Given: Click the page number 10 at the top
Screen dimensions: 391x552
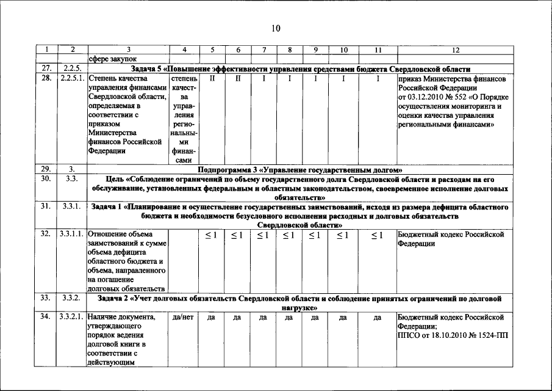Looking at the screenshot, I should pos(276,28).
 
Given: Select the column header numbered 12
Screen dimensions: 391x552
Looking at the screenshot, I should pos(456,49).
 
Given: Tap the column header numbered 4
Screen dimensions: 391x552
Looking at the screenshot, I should pos(184,49).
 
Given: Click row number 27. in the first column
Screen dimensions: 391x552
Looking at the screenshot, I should pos(46,68).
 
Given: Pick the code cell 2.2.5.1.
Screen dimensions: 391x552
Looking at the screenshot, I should pos(73,79).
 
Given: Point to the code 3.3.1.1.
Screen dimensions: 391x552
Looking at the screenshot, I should pos(73,235).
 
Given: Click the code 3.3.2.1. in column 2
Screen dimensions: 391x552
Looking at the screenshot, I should pos(73,317).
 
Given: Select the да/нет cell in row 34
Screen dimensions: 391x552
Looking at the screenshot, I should pos(184,317).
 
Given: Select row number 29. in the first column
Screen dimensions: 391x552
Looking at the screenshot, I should pos(46,169).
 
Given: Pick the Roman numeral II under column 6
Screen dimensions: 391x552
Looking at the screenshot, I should pos(237,79).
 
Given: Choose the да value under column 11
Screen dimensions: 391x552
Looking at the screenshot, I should pos(377,317).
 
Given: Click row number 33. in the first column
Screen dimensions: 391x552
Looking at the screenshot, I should pos(46,298).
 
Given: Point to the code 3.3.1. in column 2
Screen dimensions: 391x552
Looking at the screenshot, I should pos(72,206).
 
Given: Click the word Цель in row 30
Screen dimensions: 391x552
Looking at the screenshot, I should pos(116,179).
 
